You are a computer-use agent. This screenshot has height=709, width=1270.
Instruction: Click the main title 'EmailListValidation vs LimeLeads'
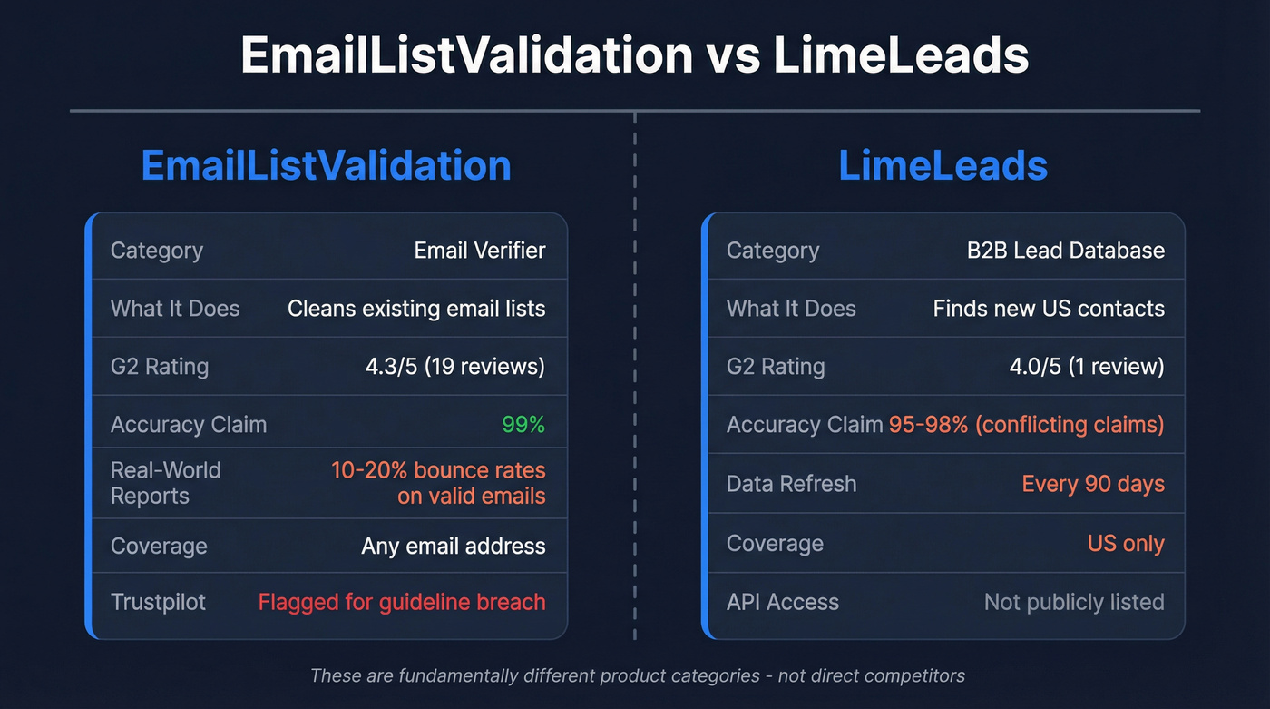click(x=635, y=55)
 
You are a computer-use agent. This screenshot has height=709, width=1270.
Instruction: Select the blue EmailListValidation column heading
click(x=326, y=166)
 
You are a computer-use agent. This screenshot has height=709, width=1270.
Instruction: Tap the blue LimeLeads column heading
click(x=943, y=166)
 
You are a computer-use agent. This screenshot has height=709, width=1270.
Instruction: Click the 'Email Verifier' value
click(x=480, y=251)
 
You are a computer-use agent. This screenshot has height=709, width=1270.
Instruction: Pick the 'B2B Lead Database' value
click(x=1065, y=251)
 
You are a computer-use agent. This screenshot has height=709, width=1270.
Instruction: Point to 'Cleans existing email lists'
click(x=416, y=309)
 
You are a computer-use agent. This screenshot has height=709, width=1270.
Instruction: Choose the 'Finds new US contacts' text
click(x=1049, y=309)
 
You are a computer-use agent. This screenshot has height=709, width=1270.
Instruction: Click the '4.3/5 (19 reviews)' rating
click(x=454, y=367)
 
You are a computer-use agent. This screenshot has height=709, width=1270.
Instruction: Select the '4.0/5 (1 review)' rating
click(x=1087, y=367)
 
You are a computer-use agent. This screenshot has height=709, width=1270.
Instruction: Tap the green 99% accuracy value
click(x=523, y=424)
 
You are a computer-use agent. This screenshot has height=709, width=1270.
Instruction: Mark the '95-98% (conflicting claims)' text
click(x=1026, y=424)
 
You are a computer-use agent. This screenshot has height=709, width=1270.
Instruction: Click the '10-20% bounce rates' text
click(x=438, y=470)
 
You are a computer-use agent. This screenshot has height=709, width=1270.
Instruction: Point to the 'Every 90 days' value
click(x=1093, y=484)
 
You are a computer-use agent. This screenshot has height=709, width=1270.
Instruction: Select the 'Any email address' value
click(x=454, y=546)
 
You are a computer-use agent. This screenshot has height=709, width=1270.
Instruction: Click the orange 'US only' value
click(x=1126, y=544)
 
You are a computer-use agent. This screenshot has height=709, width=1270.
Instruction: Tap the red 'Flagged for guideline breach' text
click(x=402, y=602)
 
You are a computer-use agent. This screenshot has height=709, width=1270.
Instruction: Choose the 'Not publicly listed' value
click(x=1074, y=602)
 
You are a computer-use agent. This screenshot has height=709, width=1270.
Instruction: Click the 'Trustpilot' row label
click(x=158, y=602)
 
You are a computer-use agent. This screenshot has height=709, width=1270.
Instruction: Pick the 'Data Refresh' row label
click(x=791, y=484)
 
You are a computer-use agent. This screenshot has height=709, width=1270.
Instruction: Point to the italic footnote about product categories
click(x=637, y=675)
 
